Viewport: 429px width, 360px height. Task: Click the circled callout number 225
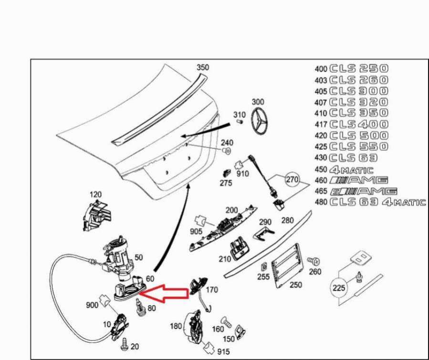(338, 288)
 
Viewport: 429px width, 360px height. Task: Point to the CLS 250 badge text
(358, 68)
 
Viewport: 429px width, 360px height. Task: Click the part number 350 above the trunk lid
(203, 68)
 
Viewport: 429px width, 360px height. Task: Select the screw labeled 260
(314, 261)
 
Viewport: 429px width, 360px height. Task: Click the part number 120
(96, 194)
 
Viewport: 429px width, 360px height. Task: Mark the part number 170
(211, 289)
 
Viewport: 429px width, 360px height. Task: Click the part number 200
(231, 210)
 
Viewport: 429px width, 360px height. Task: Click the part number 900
(92, 305)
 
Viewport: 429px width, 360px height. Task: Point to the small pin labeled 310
(241, 122)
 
